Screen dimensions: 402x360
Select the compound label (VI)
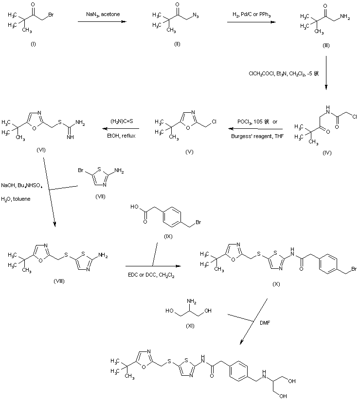(41, 149)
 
